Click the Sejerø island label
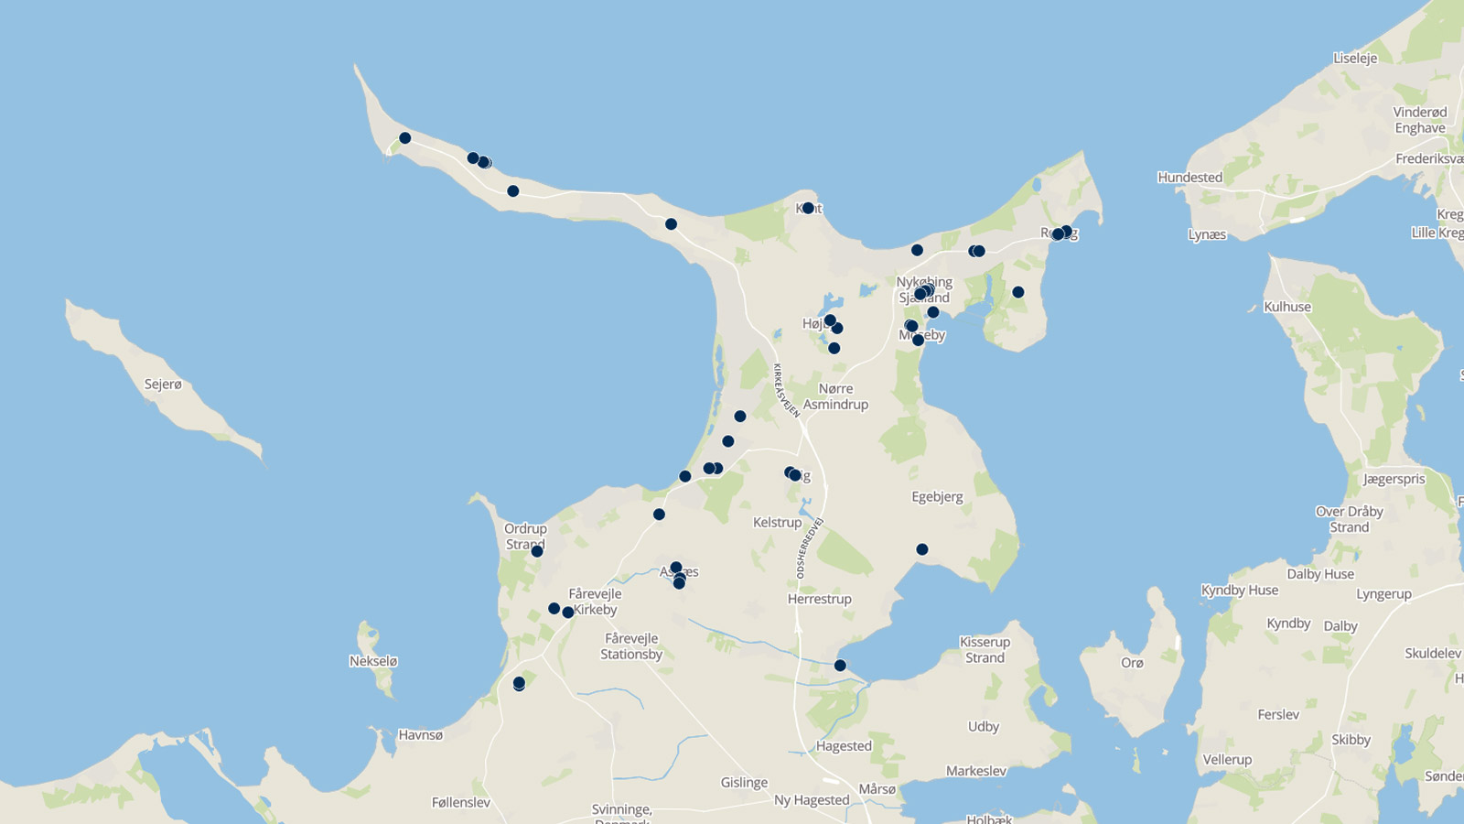pos(163,385)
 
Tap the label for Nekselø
pos(373,661)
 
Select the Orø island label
pos(1132,663)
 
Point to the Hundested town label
pos(1189,178)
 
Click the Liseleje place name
pos(1355,58)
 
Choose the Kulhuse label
pos(1287,307)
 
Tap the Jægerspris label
pos(1394,479)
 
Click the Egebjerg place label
pos(937,497)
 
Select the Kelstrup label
pos(777,523)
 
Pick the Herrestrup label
pos(819,599)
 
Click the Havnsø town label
pos(421,734)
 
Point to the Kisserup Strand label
pos(985,650)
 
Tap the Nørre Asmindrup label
pos(835,396)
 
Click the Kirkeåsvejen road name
pos(786,391)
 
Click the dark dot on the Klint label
pos(808,209)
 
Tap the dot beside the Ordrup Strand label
pos(537,551)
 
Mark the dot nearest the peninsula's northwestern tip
pos(404,138)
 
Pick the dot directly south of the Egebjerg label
pos(922,549)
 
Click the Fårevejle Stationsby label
pos(631,646)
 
